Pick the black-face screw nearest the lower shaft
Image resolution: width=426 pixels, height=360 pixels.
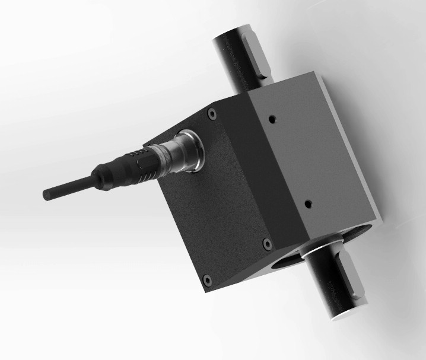pyautogui.click(x=266, y=243)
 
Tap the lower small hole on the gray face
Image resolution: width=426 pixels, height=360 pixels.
pyautogui.click(x=308, y=203)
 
